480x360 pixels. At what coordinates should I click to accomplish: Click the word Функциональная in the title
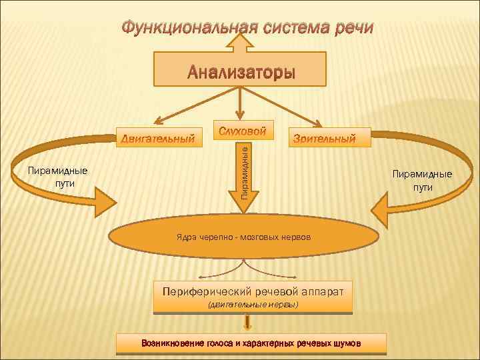coord(179,28)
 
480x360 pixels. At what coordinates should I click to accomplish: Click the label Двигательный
coord(158,139)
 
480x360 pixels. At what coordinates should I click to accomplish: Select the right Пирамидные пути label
coord(422,180)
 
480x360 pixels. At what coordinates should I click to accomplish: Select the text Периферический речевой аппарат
coord(253,291)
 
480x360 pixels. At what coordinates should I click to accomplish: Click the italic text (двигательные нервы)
coord(253,305)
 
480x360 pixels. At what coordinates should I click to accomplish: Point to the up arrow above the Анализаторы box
coord(239,44)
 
